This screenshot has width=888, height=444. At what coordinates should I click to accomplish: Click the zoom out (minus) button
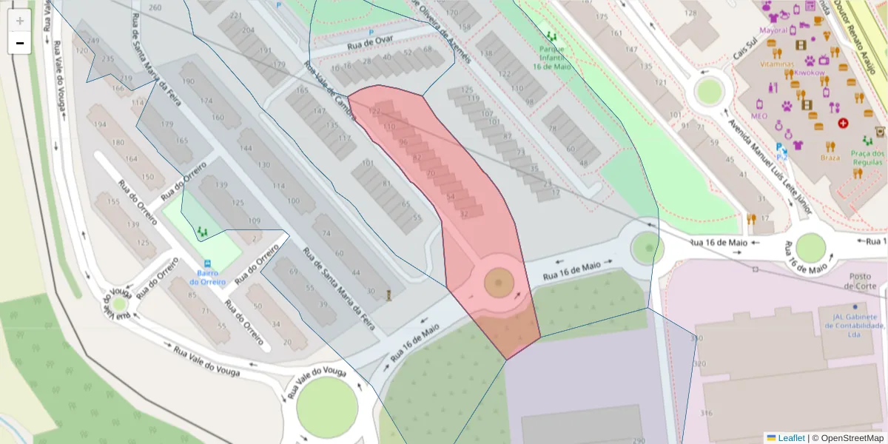click(20, 43)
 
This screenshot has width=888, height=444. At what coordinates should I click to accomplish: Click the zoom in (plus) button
click(20, 21)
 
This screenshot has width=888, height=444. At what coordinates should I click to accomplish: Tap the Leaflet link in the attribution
click(791, 438)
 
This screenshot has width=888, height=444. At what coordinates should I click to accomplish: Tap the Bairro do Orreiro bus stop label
click(207, 277)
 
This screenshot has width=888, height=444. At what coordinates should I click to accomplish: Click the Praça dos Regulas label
click(867, 157)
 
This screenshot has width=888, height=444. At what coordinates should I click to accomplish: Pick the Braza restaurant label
click(830, 157)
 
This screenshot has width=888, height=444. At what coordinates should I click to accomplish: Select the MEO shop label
click(758, 116)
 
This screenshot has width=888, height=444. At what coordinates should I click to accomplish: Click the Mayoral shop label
click(773, 31)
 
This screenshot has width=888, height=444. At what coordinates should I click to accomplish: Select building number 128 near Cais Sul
click(691, 13)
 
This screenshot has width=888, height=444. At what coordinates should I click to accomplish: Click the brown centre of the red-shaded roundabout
click(499, 282)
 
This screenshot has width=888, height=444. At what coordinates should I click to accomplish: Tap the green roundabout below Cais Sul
click(709, 91)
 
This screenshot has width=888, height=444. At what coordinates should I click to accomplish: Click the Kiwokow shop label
click(810, 73)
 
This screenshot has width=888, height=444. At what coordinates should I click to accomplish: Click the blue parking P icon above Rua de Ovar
click(371, 32)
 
